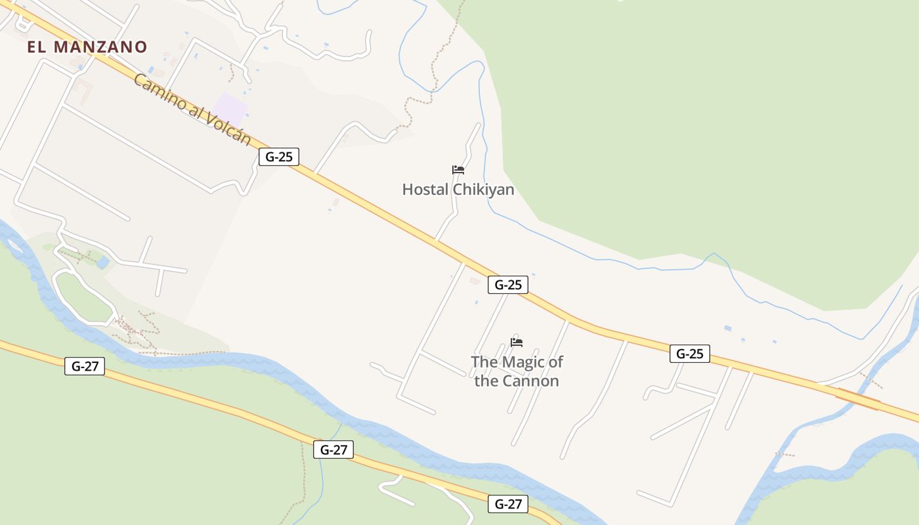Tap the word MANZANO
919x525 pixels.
(100, 47)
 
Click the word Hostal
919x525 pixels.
(423, 190)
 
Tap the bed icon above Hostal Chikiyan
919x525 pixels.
(458, 170)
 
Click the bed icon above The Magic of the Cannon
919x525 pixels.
(517, 342)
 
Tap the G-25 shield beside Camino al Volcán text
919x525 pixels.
(279, 157)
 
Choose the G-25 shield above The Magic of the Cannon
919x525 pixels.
(508, 285)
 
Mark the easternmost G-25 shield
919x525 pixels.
(690, 354)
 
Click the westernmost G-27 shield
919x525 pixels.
(85, 366)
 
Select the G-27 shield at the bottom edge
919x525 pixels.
(508, 504)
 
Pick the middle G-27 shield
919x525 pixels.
(333, 450)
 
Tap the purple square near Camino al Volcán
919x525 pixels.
(230, 108)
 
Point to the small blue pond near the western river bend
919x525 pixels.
(103, 263)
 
